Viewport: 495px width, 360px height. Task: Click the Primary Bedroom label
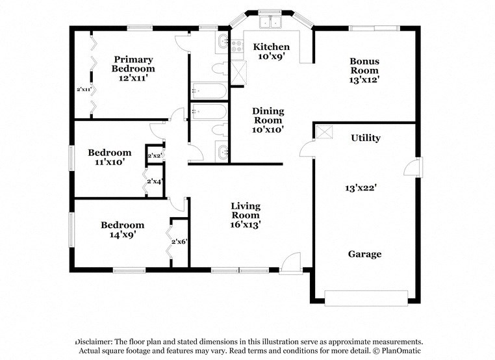pos(133,68)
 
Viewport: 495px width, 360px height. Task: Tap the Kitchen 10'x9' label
pos(271,52)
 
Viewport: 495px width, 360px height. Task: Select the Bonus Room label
pos(364,71)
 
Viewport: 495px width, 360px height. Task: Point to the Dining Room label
pos(268,120)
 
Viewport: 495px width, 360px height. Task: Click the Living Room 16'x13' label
pos(246,215)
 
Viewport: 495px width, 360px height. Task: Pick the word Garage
pos(364,254)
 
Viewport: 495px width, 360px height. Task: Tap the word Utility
pos(366,138)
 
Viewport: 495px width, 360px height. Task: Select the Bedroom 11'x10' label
pos(109,157)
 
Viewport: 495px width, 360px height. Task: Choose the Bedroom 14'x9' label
pos(122,230)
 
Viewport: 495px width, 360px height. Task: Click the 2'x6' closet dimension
pos(179,242)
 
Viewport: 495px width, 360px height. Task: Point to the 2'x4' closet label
pos(155,182)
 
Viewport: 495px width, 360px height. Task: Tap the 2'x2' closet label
pos(155,156)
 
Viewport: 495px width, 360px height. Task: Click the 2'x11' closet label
pos(84,89)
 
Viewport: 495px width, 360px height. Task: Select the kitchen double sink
pos(270,23)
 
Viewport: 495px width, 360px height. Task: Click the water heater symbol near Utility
pos(324,131)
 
